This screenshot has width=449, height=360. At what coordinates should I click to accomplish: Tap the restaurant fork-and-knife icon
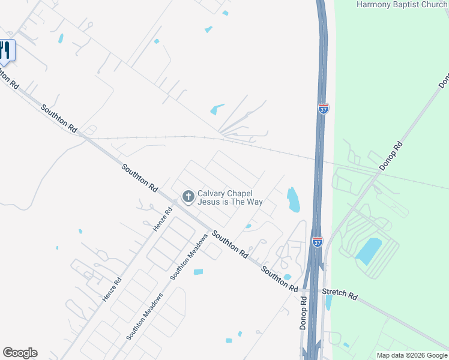[5, 49]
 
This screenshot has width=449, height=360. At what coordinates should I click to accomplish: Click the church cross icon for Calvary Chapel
[188, 196]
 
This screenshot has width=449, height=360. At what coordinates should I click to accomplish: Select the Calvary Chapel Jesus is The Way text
[230, 197]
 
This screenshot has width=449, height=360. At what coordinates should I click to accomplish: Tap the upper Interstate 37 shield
[323, 109]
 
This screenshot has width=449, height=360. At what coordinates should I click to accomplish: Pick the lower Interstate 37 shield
[317, 241]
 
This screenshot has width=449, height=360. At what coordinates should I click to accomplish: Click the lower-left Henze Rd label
[112, 289]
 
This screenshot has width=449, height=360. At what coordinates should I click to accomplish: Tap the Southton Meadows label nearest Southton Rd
[188, 257]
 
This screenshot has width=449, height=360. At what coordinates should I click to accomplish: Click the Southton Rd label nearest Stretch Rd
[279, 280]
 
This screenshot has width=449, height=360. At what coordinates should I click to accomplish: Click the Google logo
[20, 353]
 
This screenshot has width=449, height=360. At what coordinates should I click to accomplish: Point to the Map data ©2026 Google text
[411, 355]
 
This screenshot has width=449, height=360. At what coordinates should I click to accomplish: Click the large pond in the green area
[368, 251]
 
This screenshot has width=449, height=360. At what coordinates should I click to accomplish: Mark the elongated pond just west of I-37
[293, 200]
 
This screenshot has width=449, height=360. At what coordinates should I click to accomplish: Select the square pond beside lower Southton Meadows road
[198, 272]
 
